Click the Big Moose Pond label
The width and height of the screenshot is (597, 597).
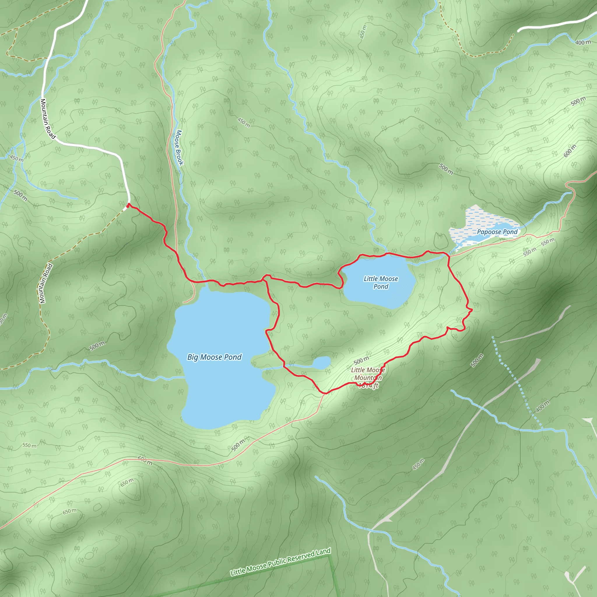click(x=214, y=357)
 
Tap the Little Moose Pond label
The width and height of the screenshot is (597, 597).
click(x=381, y=282)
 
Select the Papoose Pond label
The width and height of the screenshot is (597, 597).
click(x=497, y=232)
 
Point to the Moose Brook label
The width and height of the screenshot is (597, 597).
click(x=179, y=148)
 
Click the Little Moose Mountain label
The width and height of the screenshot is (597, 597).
click(x=368, y=374)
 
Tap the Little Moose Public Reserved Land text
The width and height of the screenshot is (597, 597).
click(x=280, y=561)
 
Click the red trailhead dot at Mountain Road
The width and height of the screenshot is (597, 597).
click(x=128, y=206)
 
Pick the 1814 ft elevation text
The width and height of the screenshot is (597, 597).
click(x=368, y=385)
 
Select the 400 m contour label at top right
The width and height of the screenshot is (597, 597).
click(x=583, y=42)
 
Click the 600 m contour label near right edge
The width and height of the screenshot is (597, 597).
click(x=570, y=151)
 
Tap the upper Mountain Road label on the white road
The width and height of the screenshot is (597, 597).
click(x=48, y=119)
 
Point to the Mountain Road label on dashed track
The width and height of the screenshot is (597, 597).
click(x=46, y=283)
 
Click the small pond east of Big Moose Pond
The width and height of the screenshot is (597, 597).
click(x=322, y=362)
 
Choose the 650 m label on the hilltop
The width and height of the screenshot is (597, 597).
click(x=127, y=482)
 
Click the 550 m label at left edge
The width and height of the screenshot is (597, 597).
click(x=29, y=445)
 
